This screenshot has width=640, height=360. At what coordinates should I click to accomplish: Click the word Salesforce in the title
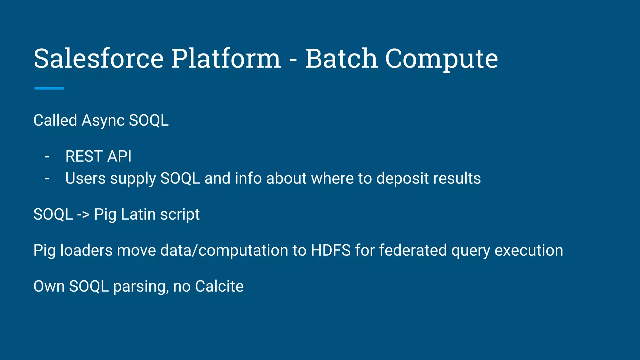[98, 58]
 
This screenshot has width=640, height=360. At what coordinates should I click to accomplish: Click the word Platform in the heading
[226, 58]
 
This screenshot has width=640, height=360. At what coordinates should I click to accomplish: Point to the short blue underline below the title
[49, 88]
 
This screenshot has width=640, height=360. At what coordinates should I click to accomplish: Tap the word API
[119, 156]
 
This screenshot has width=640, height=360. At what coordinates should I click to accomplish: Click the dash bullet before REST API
[47, 157]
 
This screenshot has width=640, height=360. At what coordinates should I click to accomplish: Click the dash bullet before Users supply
[47, 179]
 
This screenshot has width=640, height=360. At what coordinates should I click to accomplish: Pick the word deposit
[402, 179]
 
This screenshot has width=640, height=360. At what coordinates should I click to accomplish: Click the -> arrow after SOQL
[83, 215]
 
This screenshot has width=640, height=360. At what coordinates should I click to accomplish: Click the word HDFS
[331, 250]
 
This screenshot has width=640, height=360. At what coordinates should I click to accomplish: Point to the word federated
[412, 250]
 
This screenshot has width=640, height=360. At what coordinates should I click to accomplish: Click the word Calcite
[219, 286]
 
